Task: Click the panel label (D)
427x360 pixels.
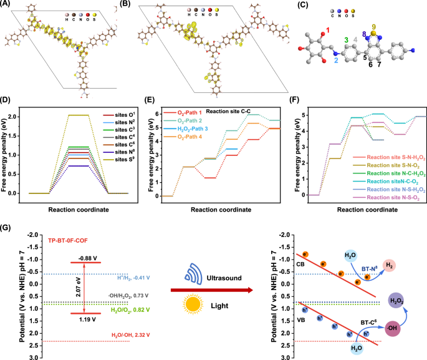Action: click(x=6, y=100)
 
